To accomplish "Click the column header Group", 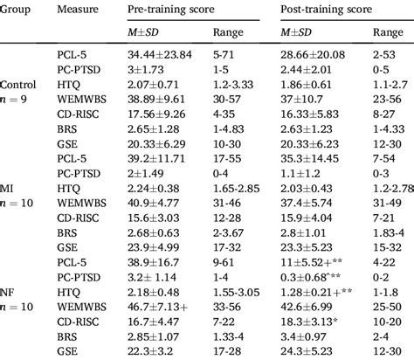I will [18, 9].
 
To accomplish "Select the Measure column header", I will [75, 9].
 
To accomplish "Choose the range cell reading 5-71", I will [225, 54].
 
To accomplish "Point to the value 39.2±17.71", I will [161, 174].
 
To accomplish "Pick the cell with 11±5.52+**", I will [321, 263].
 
